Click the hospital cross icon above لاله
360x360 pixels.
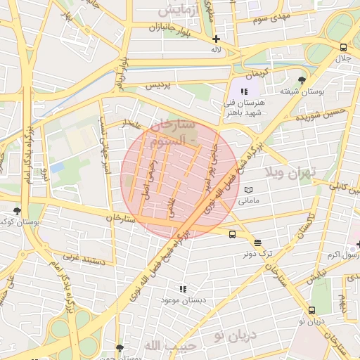click(216, 39)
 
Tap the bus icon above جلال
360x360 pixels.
click(342, 48)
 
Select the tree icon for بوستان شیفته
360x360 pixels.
click(302, 80)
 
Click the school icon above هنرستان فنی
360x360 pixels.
click(243, 91)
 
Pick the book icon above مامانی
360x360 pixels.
click(247, 190)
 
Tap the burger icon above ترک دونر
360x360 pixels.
click(257, 242)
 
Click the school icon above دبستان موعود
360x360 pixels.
click(183, 289)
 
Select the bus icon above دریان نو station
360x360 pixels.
click(311, 310)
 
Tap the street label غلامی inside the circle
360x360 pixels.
click(170, 206)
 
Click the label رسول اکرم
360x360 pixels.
click(343, 254)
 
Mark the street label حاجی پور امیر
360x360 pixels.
click(210, 174)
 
